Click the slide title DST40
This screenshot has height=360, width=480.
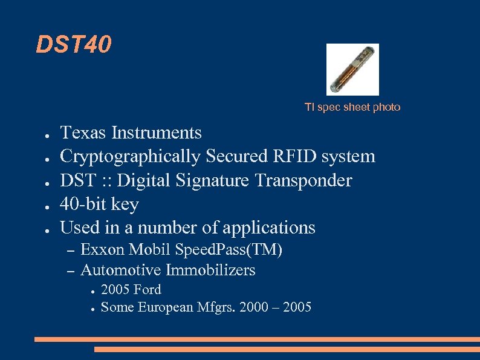tap(74, 44)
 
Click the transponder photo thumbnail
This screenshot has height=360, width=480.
tap(352, 70)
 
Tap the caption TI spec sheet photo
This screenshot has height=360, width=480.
tap(352, 107)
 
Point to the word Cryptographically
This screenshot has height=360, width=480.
tap(130, 157)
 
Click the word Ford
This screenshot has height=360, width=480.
tap(148, 289)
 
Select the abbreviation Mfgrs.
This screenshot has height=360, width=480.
tap(216, 307)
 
